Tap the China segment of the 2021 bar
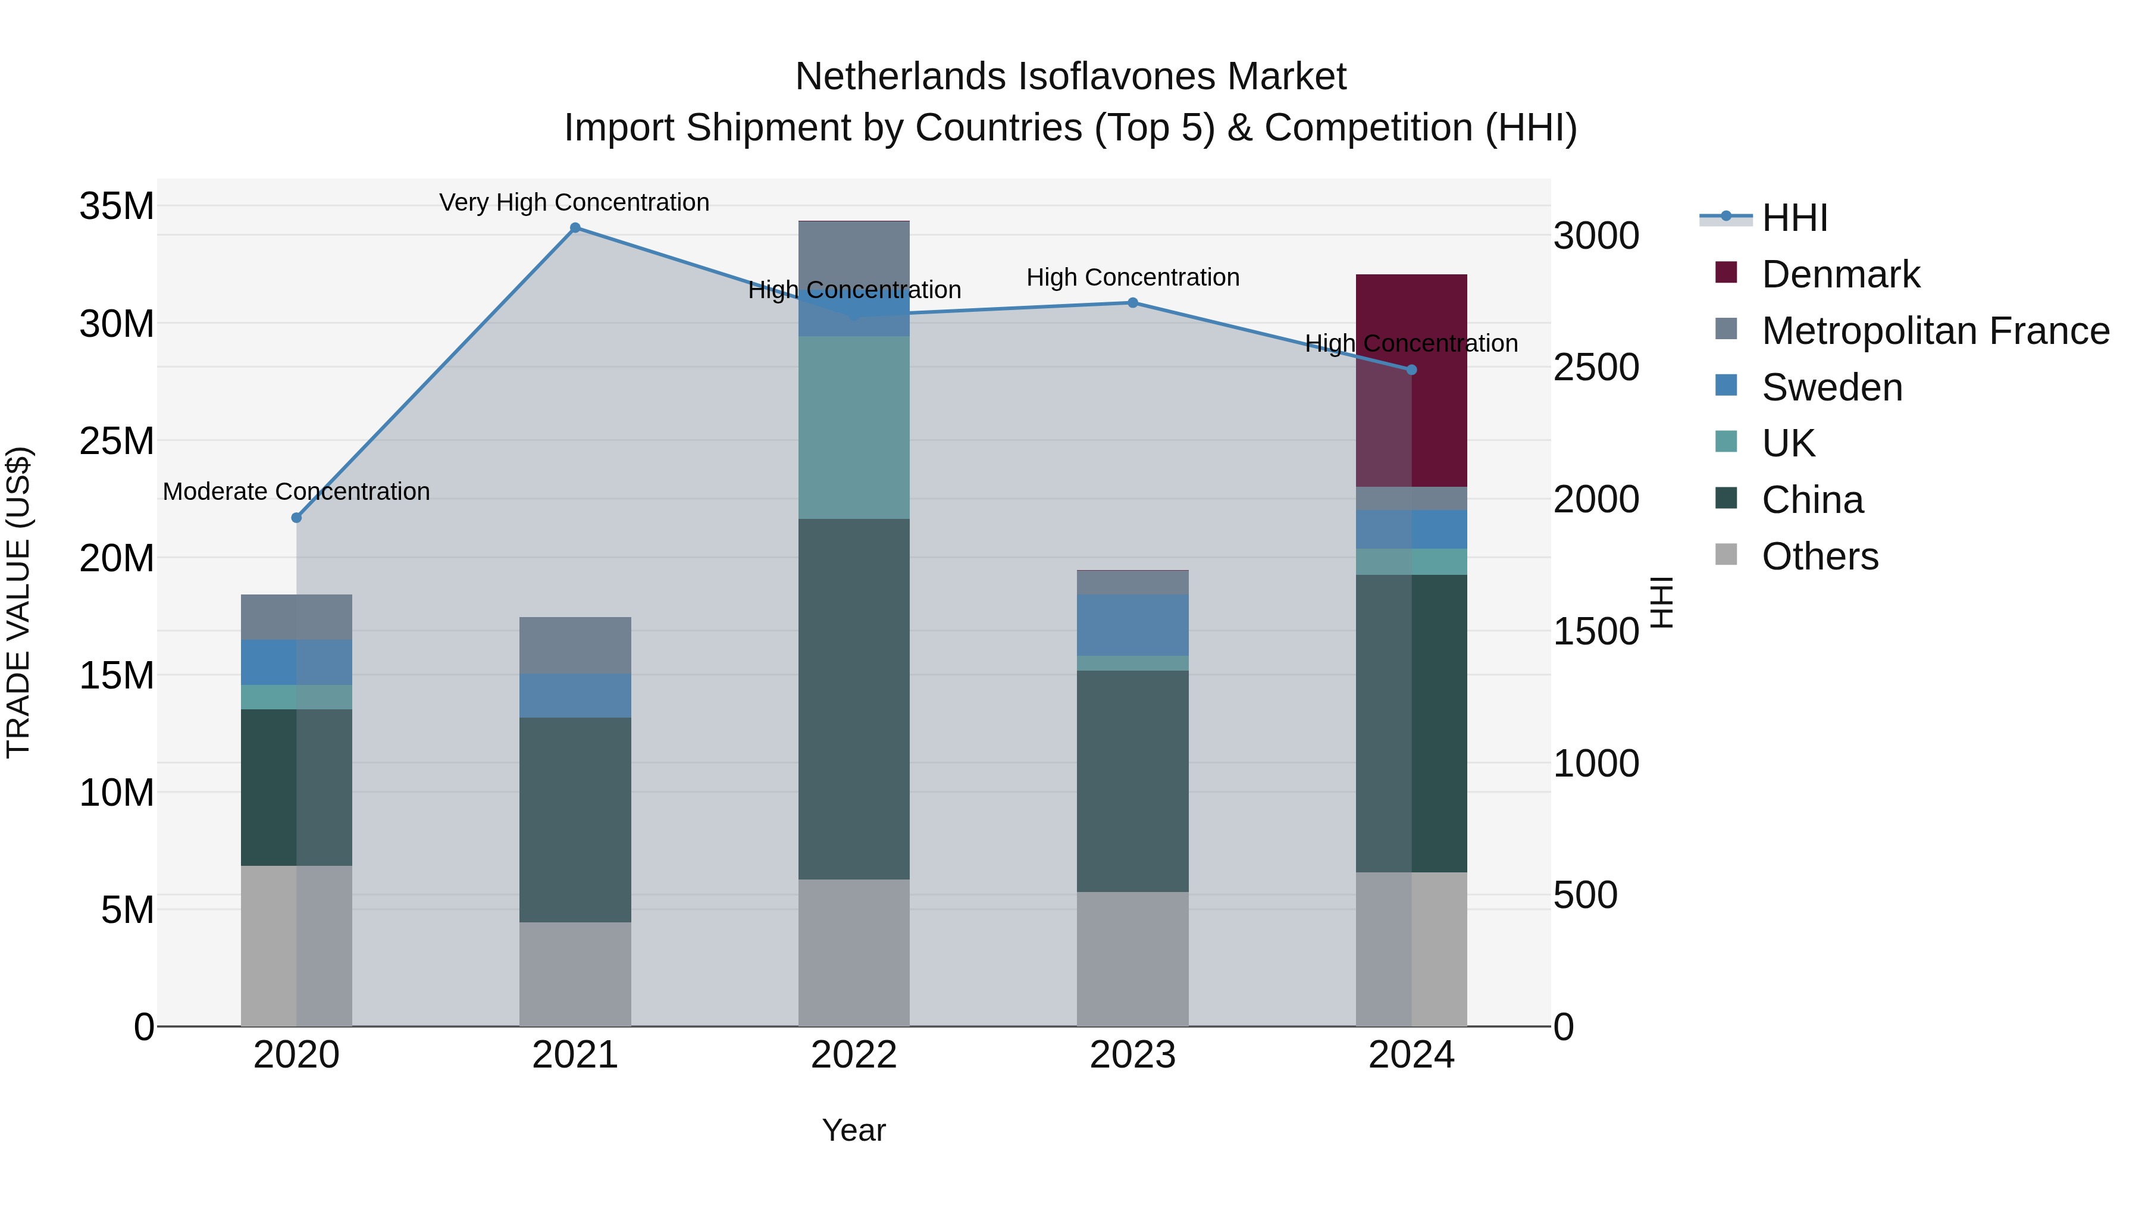pyautogui.click(x=575, y=819)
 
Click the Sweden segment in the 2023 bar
pyautogui.click(x=1132, y=625)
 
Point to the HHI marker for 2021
pyautogui.click(x=575, y=228)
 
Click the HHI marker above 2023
pyautogui.click(x=1132, y=303)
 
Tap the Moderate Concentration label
pyautogui.click(x=296, y=492)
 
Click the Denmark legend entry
pyautogui.click(x=1840, y=274)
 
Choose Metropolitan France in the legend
pyautogui.click(x=1935, y=331)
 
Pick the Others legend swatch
pyautogui.click(x=1726, y=555)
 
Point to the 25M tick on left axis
pyautogui.click(x=117, y=441)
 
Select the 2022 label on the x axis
pyautogui.click(x=854, y=1055)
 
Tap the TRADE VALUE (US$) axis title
pyautogui.click(x=18, y=602)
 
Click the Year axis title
pyautogui.click(x=854, y=1130)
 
